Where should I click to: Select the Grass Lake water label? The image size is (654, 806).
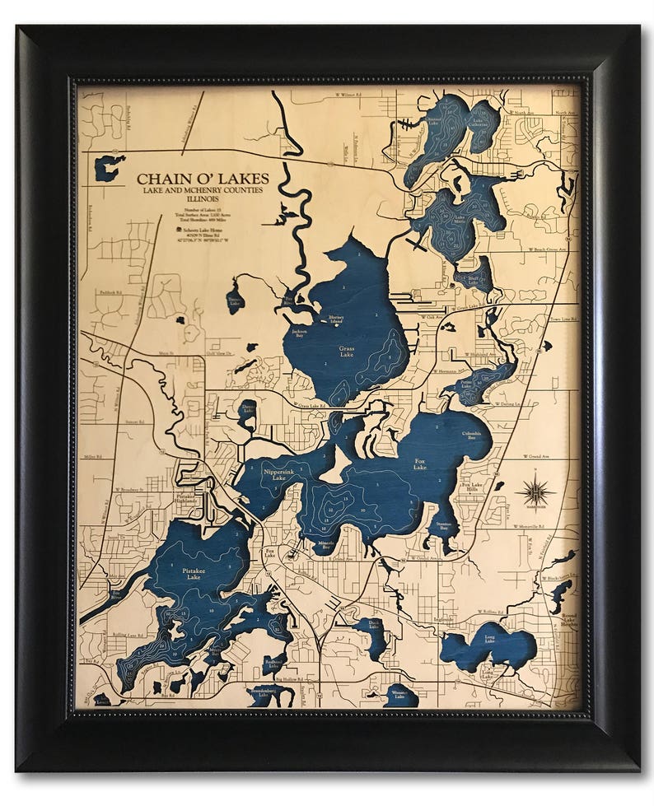(347, 349)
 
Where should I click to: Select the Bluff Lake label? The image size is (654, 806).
(474, 279)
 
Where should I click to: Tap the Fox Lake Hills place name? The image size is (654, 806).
(471, 488)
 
